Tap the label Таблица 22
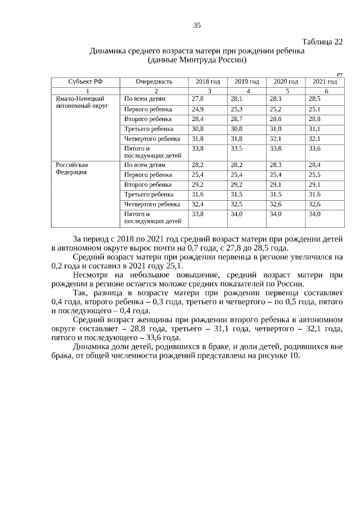pos(322,42)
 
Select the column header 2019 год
pos(246,82)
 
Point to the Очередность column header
pos(154,82)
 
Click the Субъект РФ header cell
pos(85,82)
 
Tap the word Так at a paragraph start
pos(80,294)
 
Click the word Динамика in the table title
pos(109,51)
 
